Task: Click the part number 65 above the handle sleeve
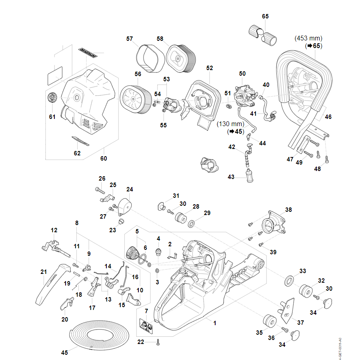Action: (265, 16)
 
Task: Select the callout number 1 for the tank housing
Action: (214, 323)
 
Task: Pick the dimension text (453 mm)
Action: (308, 38)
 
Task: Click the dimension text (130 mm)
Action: (230, 124)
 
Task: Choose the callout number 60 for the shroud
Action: (104, 159)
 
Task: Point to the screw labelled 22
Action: (158, 342)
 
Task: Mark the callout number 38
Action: (288, 209)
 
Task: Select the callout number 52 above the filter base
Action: (210, 68)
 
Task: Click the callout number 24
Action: (130, 189)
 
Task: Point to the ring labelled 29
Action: (192, 223)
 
